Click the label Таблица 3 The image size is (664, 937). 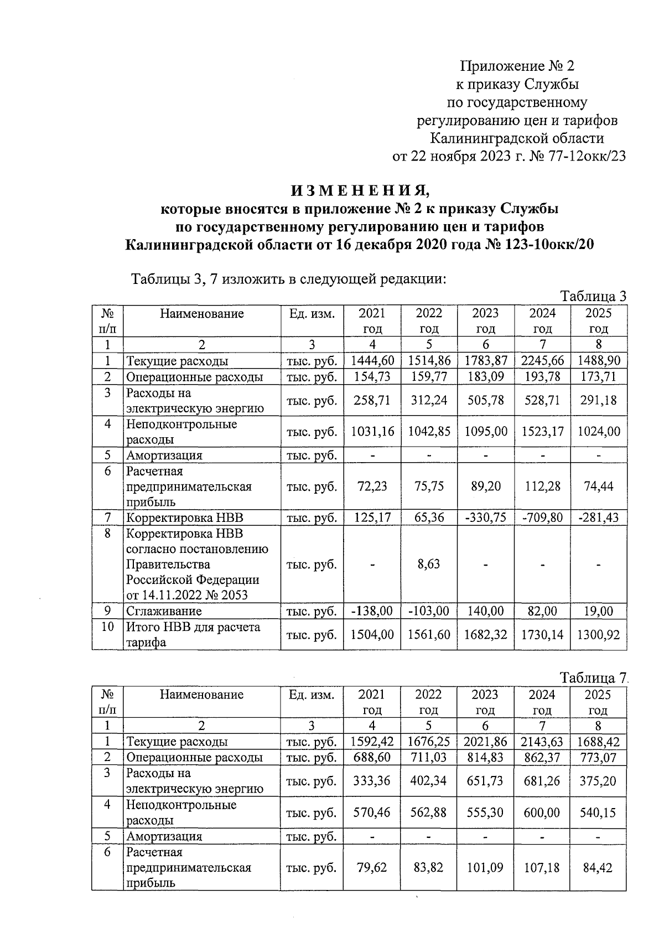click(x=593, y=296)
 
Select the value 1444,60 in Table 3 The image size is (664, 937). click(x=372, y=361)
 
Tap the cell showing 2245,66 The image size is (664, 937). click(x=542, y=361)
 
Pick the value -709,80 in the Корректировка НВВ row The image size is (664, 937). click(x=542, y=518)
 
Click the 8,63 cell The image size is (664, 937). click(x=429, y=564)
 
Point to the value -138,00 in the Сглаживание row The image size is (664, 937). click(x=372, y=611)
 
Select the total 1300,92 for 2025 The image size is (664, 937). click(x=598, y=634)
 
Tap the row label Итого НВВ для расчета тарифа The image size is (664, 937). click(x=193, y=634)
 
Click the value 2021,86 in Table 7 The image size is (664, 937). click(x=485, y=742)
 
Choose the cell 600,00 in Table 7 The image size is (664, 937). click(x=542, y=812)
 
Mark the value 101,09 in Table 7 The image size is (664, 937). click(x=485, y=867)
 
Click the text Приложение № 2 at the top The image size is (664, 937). click(x=517, y=66)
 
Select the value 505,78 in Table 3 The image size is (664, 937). click(x=485, y=400)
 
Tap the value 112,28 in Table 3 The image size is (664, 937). click(x=542, y=486)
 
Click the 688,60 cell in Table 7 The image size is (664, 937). click(x=372, y=758)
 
